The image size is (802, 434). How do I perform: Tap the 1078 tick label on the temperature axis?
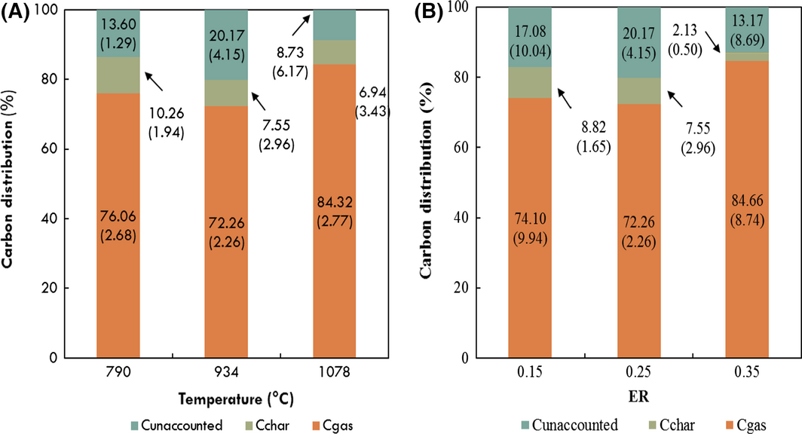coord(335,374)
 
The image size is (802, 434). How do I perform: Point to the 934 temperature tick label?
coord(225,374)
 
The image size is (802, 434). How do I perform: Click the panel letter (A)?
coord(15,12)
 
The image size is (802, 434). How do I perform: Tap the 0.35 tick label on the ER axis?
coord(746,374)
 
